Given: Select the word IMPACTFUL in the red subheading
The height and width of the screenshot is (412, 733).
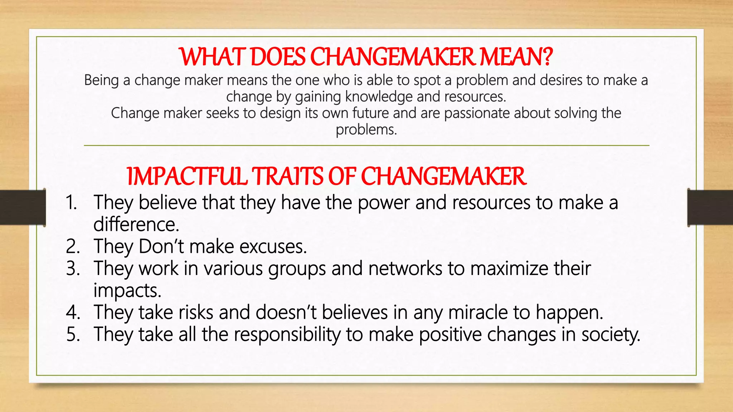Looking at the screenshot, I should tap(187, 176).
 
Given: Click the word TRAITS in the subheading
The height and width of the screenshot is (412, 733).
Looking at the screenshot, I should tap(287, 176).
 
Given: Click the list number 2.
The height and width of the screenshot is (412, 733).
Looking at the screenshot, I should tap(73, 246).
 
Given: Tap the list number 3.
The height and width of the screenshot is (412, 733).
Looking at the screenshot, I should tap(73, 269).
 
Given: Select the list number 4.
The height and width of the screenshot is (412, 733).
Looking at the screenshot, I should tap(73, 312).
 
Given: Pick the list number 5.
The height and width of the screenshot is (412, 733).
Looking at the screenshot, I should tap(73, 334).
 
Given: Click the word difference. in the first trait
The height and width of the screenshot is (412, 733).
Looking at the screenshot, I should tap(136, 225).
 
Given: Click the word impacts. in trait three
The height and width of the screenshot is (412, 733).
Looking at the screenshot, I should tap(127, 290).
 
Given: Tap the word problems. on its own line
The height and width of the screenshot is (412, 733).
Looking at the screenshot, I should tap(366, 129).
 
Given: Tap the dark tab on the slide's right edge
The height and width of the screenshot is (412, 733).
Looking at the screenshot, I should tap(710, 207).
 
